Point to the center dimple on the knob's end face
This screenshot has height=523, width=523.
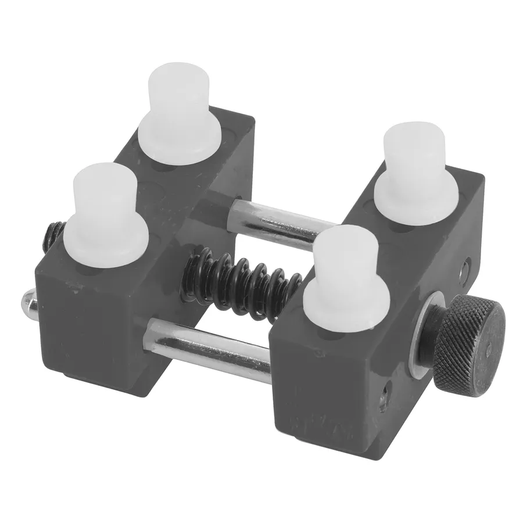[x=488, y=349]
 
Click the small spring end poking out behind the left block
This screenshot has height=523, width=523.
[x=52, y=235]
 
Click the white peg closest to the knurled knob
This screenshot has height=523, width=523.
[x=346, y=279]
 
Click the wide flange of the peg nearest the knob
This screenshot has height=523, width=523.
[x=346, y=308]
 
